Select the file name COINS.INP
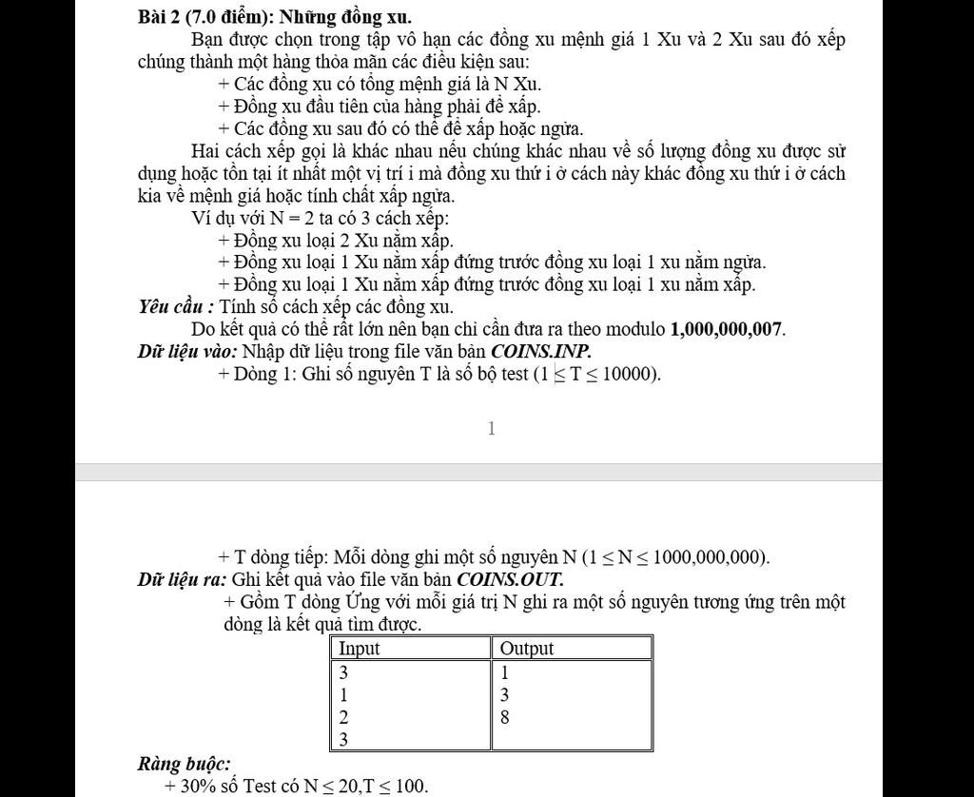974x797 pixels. click(547, 351)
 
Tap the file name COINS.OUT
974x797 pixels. click(511, 578)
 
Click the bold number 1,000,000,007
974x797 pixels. click(728, 329)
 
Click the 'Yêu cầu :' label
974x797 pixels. click(176, 306)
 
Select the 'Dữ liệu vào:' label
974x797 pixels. click(187, 351)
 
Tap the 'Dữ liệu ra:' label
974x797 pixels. click(182, 578)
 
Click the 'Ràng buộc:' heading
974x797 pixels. click(184, 764)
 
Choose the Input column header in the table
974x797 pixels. click(360, 649)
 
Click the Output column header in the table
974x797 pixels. click(527, 649)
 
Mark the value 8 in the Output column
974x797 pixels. click(505, 717)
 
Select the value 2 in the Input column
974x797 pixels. click(344, 717)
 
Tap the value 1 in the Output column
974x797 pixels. click(505, 671)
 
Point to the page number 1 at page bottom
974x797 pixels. click(491, 429)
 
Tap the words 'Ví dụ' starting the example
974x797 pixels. click(211, 217)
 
